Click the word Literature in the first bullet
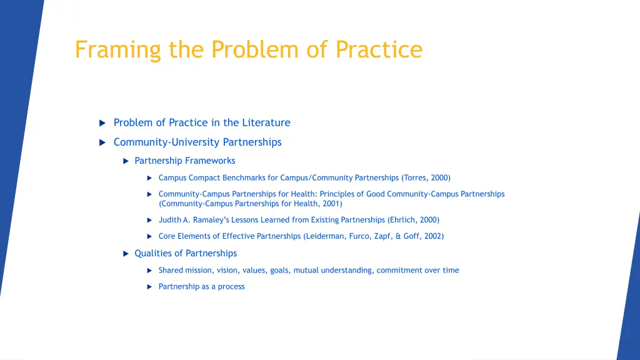click(x=266, y=122)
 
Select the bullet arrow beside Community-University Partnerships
click(x=102, y=142)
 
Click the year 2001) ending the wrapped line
click(x=332, y=204)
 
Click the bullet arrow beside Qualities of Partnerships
click(x=126, y=253)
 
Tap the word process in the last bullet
click(x=231, y=286)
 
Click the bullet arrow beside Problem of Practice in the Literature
click(x=102, y=123)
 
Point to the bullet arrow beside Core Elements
click(x=150, y=236)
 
